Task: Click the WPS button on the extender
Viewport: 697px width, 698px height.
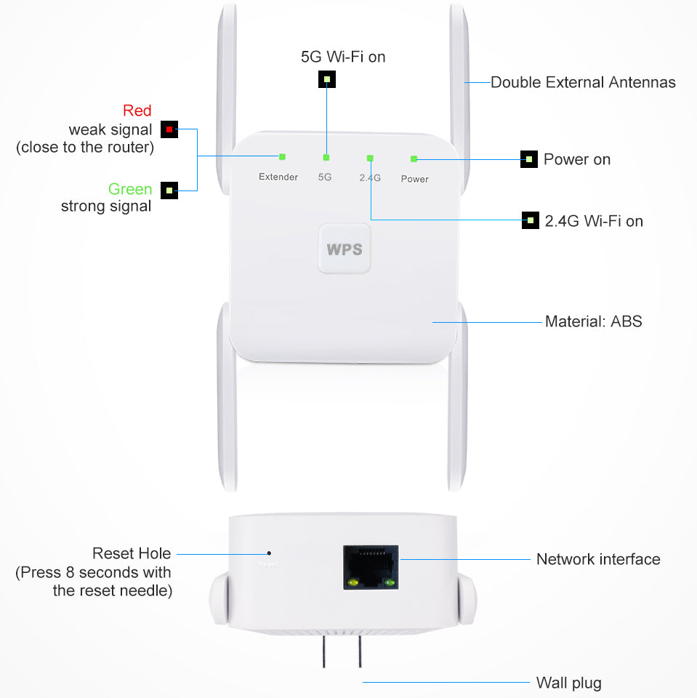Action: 344,248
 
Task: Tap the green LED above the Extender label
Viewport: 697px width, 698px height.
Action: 282,156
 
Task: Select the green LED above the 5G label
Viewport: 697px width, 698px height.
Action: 326,157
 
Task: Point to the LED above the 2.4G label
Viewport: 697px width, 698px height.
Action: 371,157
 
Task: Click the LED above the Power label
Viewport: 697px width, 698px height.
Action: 414,158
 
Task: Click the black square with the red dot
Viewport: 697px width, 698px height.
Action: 169,129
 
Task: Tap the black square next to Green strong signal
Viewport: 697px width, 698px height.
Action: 169,190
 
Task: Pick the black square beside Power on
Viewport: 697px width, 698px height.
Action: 529,159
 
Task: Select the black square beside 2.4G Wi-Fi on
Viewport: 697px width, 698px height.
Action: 531,220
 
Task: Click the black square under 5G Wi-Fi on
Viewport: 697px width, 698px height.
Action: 327,79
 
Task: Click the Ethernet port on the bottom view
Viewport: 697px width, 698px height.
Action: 371,566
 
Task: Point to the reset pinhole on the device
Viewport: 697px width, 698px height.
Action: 269,553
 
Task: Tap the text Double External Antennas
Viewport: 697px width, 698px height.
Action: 583,82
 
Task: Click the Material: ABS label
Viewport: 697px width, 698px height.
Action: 593,321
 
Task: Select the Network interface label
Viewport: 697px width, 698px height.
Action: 597,559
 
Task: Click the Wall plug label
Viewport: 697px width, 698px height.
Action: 568,683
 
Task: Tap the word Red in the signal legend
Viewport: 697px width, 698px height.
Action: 137,111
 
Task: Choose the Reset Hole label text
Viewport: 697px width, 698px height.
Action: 132,553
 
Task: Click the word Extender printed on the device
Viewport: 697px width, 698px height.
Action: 278,177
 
